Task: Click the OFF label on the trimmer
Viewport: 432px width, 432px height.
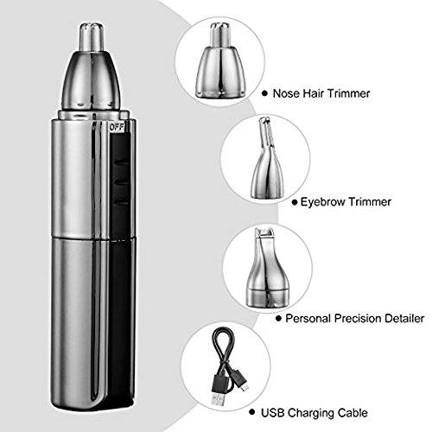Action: coord(117,128)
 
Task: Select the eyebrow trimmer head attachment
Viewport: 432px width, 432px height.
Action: coord(265,158)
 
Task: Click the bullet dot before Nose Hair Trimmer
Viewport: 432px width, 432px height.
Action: coord(264,93)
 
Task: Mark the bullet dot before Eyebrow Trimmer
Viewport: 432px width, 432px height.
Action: coord(294,202)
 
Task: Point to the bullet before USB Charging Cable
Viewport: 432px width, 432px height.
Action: coord(252,412)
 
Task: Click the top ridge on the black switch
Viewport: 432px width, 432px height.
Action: coord(122,162)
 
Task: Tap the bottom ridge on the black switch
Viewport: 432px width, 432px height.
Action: coord(122,201)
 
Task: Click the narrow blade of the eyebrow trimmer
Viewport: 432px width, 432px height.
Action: coord(265,131)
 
